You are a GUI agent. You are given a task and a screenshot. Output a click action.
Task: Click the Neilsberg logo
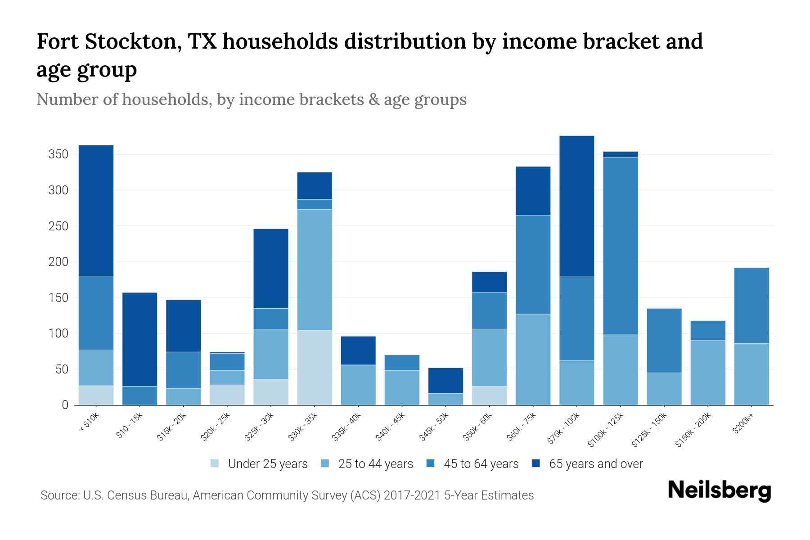[x=719, y=490]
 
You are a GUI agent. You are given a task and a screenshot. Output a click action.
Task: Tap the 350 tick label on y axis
[x=58, y=155]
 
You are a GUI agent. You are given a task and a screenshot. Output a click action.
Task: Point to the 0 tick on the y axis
[x=65, y=405]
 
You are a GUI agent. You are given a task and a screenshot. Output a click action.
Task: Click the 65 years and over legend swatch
[x=536, y=463]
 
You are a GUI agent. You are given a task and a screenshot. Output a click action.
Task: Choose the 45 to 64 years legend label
[x=481, y=464]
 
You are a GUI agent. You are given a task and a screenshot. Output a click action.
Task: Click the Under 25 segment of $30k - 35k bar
[x=315, y=368]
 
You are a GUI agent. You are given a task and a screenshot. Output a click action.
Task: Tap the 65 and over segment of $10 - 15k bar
[x=140, y=339]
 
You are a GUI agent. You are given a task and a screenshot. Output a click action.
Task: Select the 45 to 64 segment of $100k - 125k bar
[x=621, y=246]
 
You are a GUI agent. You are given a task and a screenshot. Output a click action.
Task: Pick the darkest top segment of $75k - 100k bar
[x=576, y=206]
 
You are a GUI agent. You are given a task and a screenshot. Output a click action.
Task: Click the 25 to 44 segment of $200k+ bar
[x=751, y=374]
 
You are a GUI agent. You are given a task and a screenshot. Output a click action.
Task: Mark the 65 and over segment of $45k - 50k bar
[x=445, y=381]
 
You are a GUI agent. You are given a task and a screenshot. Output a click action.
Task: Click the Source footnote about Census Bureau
[x=287, y=495]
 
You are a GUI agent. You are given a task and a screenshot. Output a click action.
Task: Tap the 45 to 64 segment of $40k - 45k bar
[x=402, y=363]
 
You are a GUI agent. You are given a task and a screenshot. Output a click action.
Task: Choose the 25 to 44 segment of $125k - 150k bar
[x=664, y=389]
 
